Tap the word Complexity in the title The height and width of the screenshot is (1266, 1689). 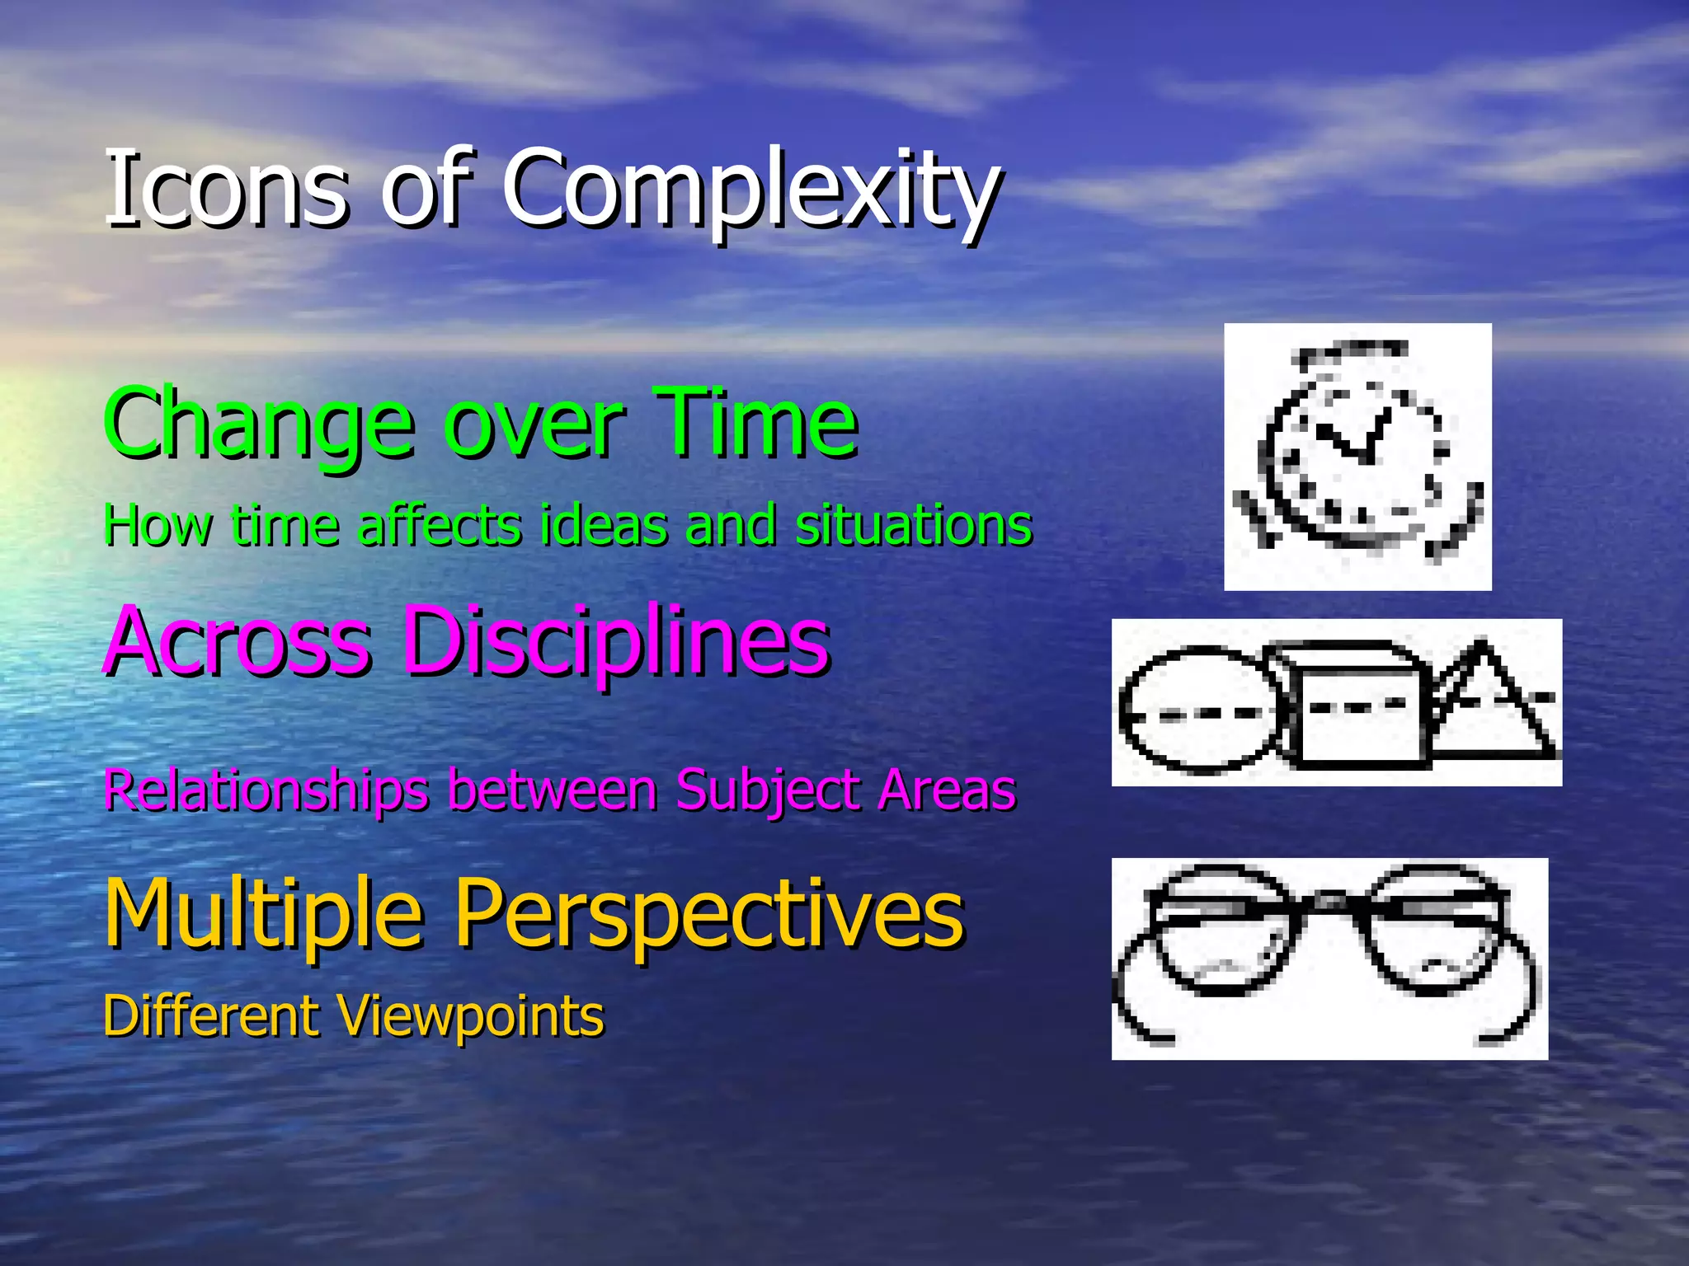[750, 191]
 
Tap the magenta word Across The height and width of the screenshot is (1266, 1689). [238, 640]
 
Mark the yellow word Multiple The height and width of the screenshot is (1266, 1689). [263, 913]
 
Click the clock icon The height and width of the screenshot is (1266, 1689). [1357, 457]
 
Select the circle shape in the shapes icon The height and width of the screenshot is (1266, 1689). [1200, 710]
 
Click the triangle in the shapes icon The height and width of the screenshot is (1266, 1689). [1493, 709]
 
